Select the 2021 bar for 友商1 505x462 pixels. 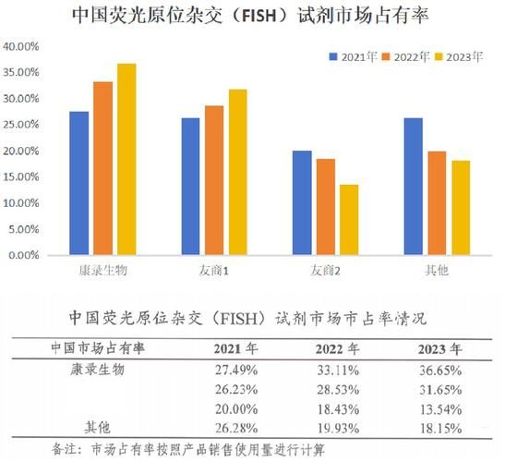click(x=190, y=186)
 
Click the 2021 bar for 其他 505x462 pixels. click(x=413, y=186)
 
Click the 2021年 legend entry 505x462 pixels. click(x=353, y=56)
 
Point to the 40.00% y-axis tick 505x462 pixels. click(x=20, y=45)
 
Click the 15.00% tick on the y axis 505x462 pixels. click(x=20, y=176)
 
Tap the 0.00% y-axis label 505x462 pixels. click(x=23, y=255)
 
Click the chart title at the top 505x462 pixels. click(x=251, y=17)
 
